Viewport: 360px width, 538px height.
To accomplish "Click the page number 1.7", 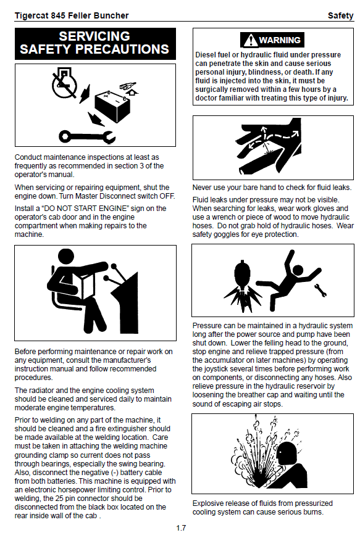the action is point(181,528).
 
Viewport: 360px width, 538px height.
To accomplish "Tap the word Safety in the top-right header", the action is point(340,16).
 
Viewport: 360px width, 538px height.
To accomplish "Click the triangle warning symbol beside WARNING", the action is point(251,40).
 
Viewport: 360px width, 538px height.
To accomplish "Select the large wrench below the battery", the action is point(87,136).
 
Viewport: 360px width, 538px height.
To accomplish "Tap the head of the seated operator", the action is point(66,257).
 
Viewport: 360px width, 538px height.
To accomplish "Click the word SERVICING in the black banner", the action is point(94,36).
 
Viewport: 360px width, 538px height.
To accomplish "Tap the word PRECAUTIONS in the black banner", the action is point(122,49).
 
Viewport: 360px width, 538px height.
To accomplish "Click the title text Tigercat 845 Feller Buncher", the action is point(72,16).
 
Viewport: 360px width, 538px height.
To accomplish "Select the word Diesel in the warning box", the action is point(206,55).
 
